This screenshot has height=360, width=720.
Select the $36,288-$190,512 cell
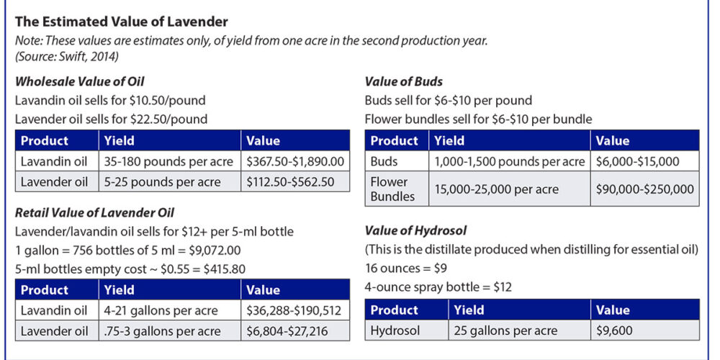coord(294,311)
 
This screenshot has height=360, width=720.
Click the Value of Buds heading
coord(403,81)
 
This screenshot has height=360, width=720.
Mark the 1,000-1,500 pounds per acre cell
coord(509,161)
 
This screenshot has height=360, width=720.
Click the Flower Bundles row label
coord(392,189)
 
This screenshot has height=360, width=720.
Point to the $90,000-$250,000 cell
coord(644,189)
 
